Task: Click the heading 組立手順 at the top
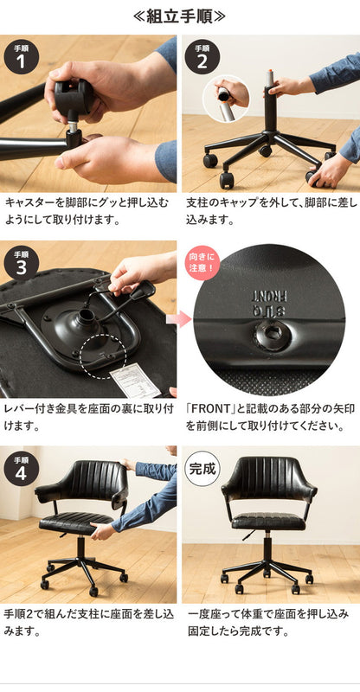point(180,16)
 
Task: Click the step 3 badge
point(22,262)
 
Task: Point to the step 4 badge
point(22,467)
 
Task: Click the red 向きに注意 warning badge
point(201,262)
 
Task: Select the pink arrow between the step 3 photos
point(179,319)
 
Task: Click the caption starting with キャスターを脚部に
point(89,210)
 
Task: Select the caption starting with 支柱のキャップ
point(269,210)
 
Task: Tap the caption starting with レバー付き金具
point(89,415)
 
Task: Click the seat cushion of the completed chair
point(269,522)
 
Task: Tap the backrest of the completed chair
point(268,484)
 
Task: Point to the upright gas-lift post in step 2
point(269,104)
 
